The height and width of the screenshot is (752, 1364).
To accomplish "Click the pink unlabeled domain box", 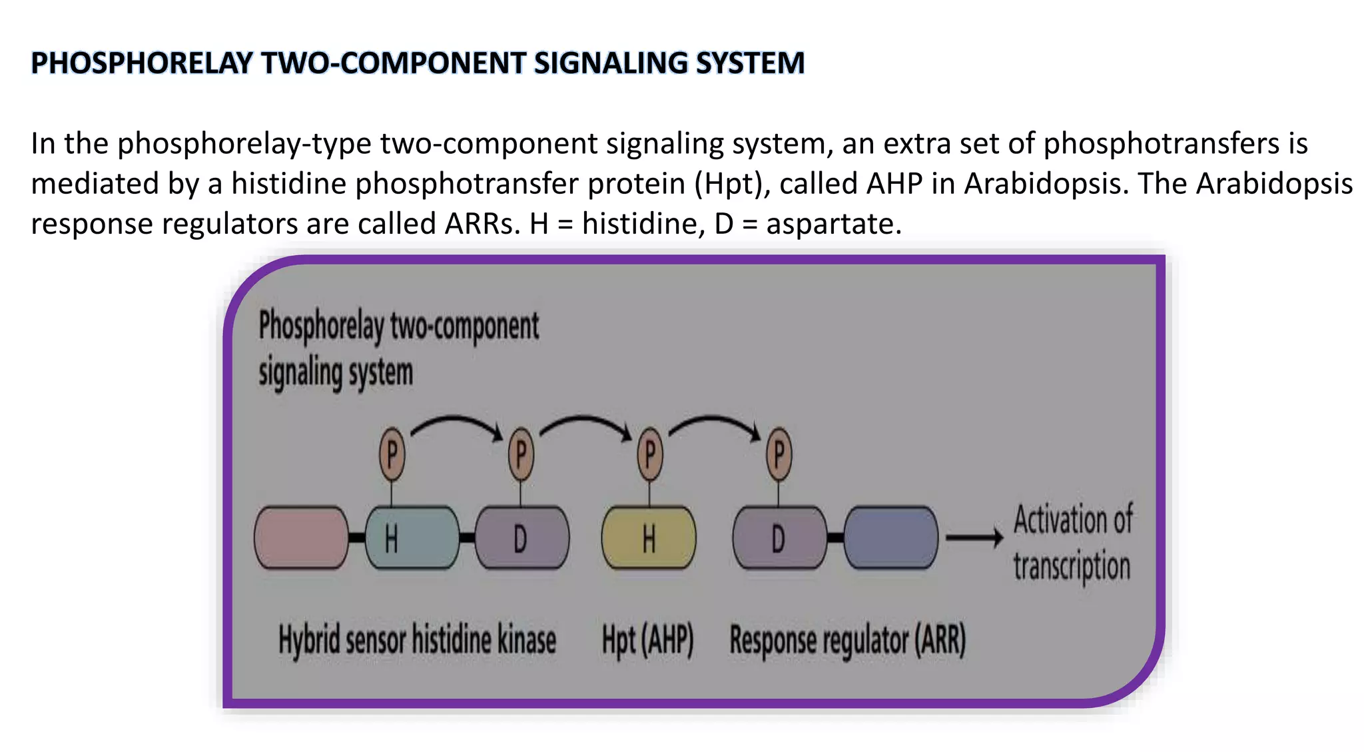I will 301,538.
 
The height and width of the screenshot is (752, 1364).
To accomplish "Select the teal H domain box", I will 412,538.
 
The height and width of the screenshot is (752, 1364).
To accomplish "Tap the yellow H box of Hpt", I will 648,538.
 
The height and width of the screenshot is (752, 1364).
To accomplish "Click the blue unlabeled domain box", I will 890,538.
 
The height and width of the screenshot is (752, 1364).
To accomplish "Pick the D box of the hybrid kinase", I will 522,538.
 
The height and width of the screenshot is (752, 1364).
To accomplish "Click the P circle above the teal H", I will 392,455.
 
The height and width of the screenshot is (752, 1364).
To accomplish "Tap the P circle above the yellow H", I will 649,455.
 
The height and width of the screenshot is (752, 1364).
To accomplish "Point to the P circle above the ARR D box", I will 779,455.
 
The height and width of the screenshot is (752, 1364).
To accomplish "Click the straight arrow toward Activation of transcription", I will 974,537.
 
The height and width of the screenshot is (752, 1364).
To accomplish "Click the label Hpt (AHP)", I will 647,640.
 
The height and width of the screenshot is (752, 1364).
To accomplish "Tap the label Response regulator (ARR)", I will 847,640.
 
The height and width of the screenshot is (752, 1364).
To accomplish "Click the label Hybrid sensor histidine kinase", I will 417,640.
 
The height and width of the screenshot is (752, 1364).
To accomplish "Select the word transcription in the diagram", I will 1072,566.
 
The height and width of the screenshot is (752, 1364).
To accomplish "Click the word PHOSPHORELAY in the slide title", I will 142,63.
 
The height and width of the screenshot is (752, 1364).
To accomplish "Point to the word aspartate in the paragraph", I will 833,224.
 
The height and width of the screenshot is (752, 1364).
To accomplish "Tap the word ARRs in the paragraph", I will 482,224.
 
